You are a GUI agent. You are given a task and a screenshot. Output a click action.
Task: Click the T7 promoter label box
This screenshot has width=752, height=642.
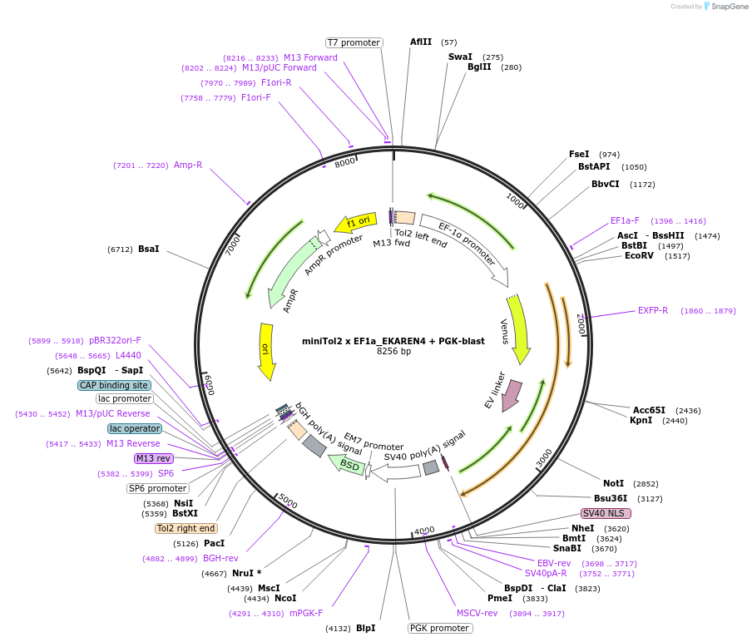(354, 42)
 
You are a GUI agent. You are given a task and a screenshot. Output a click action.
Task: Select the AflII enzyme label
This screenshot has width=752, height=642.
(421, 42)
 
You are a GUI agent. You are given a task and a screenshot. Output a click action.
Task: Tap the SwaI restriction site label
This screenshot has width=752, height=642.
(460, 57)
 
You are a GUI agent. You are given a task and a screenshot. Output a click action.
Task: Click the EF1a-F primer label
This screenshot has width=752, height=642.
(625, 220)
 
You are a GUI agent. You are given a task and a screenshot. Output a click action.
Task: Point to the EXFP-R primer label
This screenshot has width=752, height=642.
(653, 311)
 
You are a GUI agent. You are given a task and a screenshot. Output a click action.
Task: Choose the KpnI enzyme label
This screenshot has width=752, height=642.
(641, 421)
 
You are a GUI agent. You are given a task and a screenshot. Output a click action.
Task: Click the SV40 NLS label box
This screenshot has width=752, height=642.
(606, 513)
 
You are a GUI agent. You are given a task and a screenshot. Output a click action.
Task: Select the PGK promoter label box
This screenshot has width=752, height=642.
(440, 628)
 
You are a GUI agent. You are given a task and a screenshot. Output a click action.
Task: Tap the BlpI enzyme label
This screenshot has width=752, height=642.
(366, 628)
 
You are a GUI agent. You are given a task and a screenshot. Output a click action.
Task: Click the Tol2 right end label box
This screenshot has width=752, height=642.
(186, 528)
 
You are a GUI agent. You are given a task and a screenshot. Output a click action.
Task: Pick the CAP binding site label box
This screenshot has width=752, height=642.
(115, 385)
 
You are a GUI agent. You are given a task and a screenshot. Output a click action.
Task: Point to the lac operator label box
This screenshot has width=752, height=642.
(134, 428)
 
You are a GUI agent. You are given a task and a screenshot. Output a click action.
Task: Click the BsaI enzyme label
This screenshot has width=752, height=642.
(149, 249)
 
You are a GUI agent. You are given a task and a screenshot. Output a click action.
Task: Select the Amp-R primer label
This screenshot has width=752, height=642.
(188, 165)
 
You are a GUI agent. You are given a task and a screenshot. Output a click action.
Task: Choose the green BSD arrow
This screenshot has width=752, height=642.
(346, 464)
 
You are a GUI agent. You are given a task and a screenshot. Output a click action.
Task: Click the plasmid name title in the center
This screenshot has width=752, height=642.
(393, 341)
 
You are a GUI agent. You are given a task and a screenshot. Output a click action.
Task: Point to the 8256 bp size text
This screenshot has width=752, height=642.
(393, 351)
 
